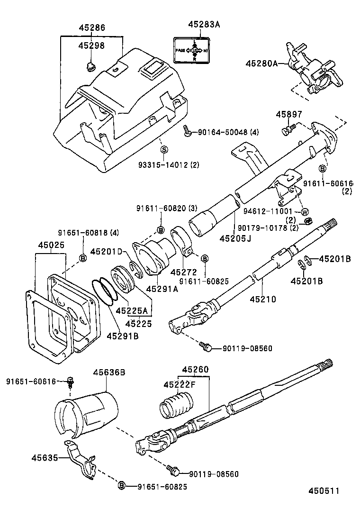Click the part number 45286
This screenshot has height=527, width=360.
tap(91, 28)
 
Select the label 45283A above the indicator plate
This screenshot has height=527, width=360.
tap(204, 24)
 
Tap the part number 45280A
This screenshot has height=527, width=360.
tap(261, 63)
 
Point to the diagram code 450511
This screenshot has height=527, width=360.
tap(324, 491)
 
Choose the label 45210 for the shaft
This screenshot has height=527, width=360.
tap(263, 299)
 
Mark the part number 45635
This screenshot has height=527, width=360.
tap(45, 458)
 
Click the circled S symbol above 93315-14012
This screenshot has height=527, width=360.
tap(164, 149)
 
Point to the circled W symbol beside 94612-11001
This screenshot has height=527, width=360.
tap(305, 211)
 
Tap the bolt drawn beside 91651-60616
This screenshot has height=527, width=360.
tap(71, 381)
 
